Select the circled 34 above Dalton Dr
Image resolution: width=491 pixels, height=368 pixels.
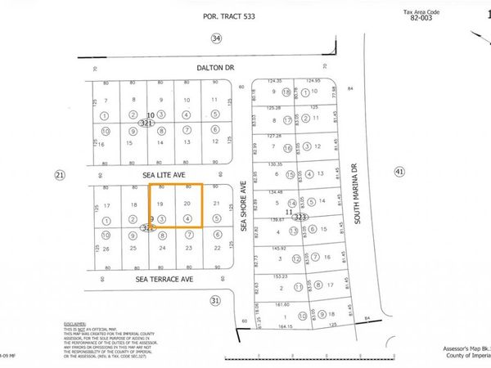216,38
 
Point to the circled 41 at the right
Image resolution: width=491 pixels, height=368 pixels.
399,172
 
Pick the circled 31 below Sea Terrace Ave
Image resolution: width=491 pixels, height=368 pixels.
215,301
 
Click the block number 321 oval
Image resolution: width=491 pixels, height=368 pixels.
146,123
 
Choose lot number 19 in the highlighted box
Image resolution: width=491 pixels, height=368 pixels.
160,203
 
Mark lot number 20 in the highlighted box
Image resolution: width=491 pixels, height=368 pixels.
187,203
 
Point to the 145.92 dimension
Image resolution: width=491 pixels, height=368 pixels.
282,249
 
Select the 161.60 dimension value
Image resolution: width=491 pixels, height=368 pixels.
282,303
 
